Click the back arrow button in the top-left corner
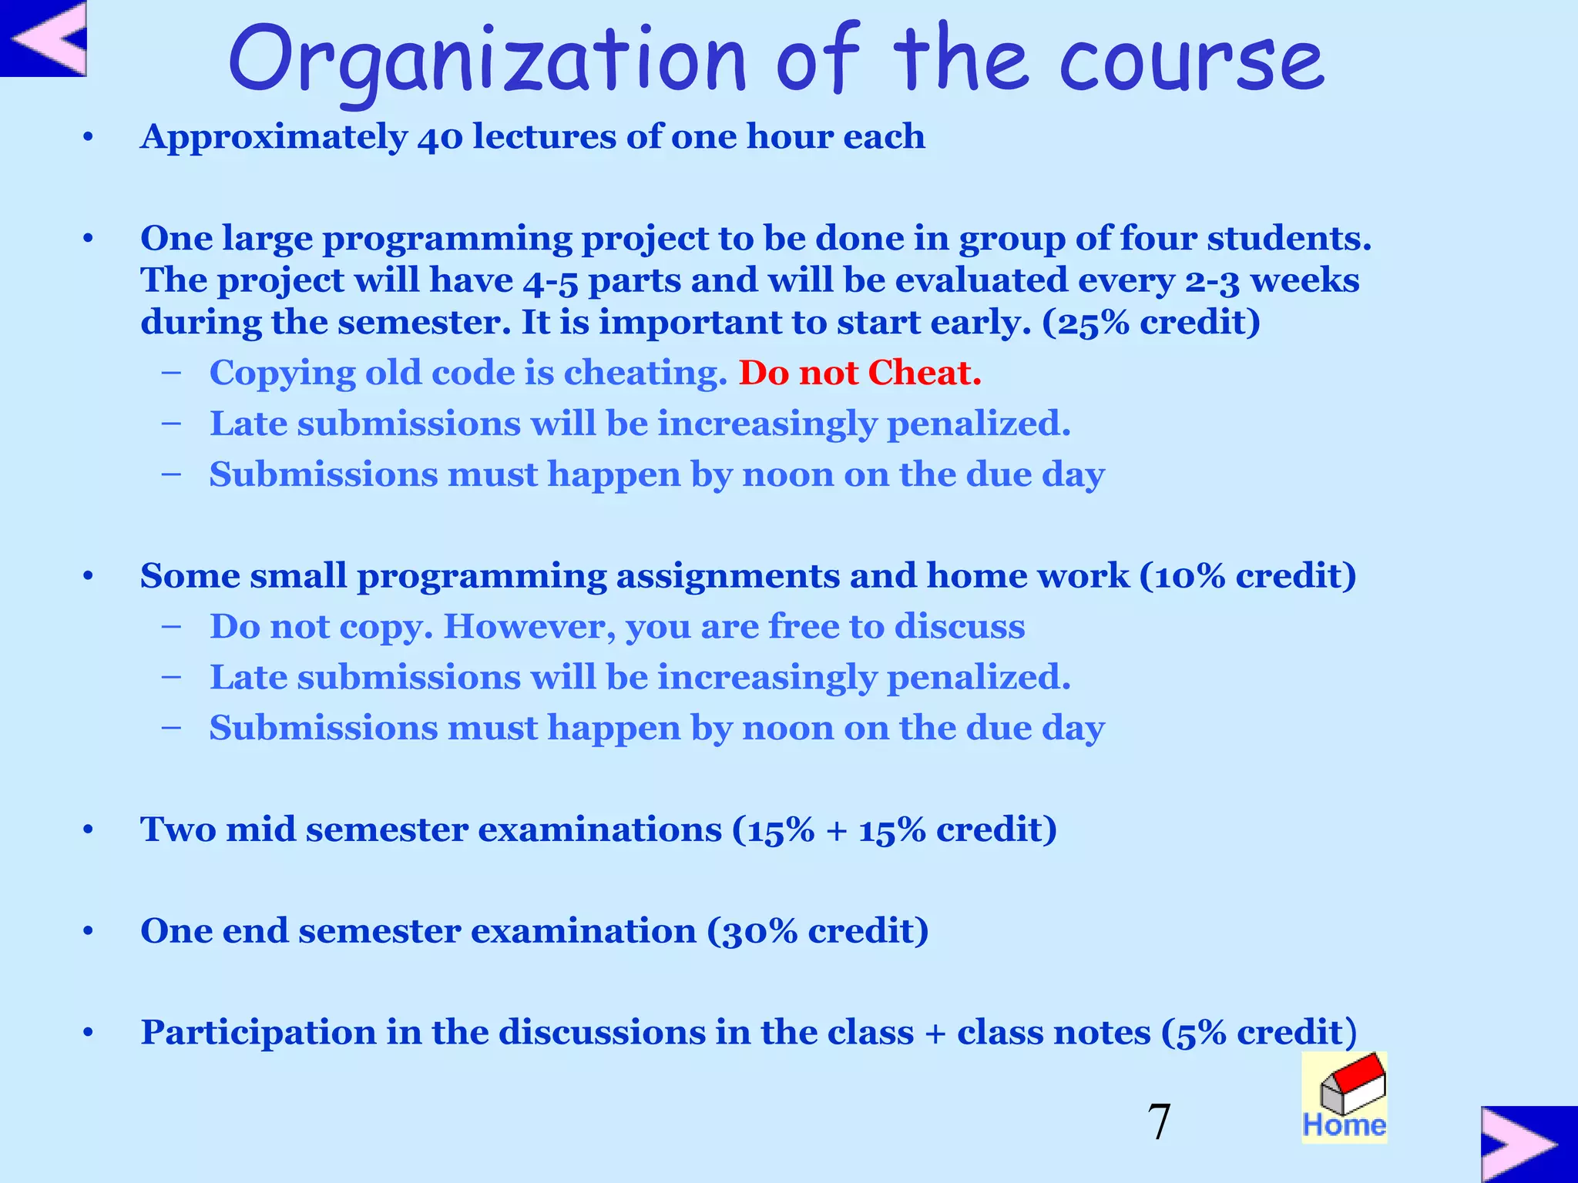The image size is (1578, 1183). tap(43, 39)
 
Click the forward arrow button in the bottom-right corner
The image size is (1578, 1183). tap(1529, 1144)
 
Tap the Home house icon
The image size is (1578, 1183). tap(1345, 1097)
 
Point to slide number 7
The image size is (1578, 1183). tap(1159, 1121)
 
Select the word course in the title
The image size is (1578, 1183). tap(1191, 60)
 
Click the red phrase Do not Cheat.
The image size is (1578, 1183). tap(860, 373)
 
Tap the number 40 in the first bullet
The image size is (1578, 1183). tap(440, 137)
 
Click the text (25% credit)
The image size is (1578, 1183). tap(1151, 322)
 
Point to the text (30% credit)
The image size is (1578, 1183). tap(818, 931)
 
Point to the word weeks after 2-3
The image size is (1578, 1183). tap(1304, 280)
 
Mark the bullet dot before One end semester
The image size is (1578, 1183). tap(89, 932)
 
